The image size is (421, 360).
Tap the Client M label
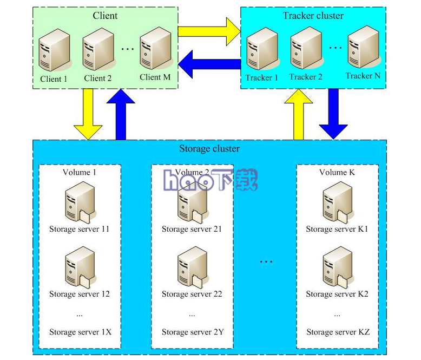[155, 77]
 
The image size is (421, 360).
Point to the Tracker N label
[363, 76]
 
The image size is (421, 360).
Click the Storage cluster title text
[209, 148]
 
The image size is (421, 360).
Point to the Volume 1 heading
[80, 172]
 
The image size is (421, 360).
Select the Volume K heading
[337, 172]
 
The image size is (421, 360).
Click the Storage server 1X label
[80, 332]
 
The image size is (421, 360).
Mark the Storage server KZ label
[338, 332]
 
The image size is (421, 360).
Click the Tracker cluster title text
[313, 15]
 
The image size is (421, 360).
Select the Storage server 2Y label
[192, 332]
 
